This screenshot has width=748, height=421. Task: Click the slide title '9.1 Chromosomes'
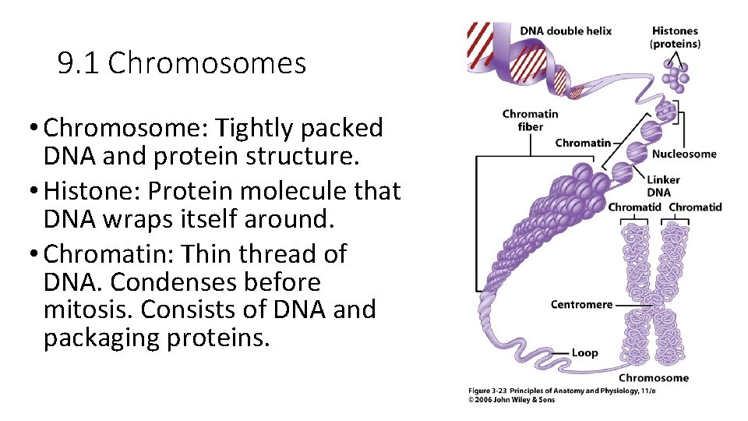point(182,63)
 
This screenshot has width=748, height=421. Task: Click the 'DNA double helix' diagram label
point(566,31)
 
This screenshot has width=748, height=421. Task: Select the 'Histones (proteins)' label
point(675,37)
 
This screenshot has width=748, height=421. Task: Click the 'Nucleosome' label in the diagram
point(683,154)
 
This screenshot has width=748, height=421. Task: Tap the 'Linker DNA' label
point(663,186)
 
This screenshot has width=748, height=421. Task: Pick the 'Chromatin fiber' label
point(530,120)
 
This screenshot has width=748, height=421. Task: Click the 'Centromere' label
point(581,304)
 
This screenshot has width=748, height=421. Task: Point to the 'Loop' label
point(584,352)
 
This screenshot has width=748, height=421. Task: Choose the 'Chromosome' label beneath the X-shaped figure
point(654,377)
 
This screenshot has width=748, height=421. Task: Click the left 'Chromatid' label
point(634,207)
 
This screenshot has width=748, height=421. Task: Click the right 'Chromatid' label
point(695,207)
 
